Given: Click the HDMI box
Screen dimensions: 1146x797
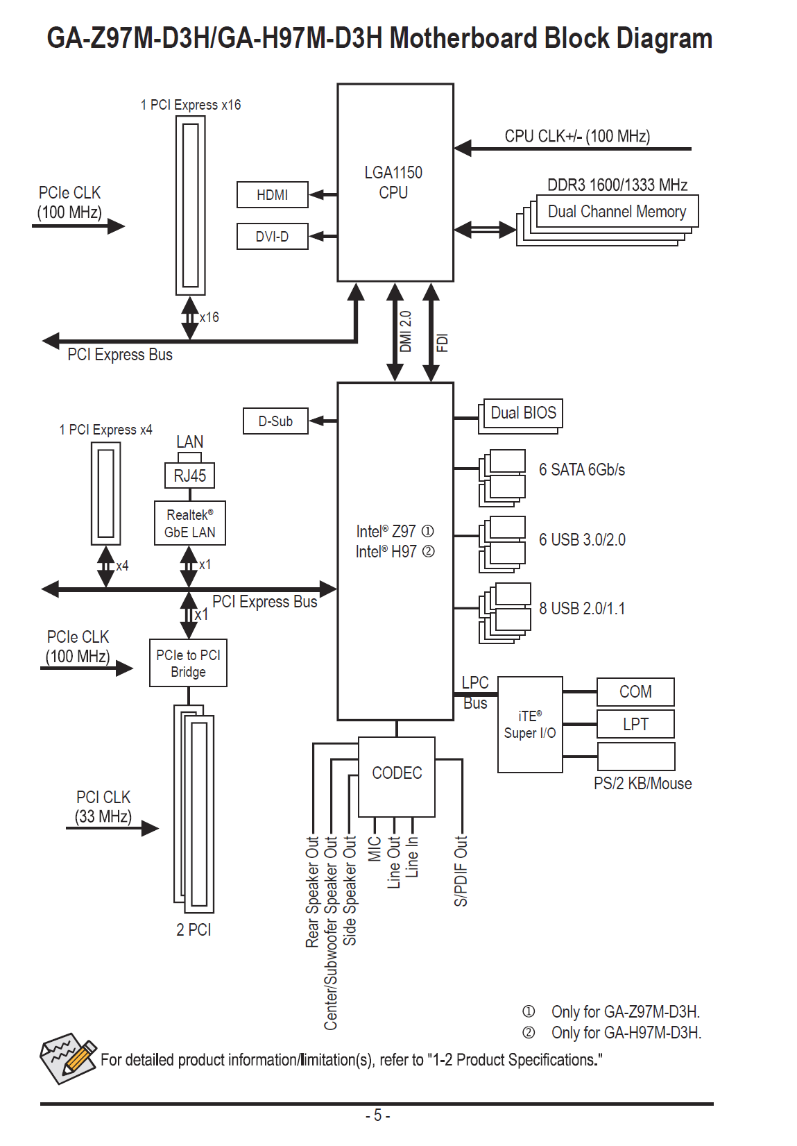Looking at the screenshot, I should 272,195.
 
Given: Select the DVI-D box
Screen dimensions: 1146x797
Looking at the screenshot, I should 272,237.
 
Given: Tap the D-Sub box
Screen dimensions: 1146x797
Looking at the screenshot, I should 275,421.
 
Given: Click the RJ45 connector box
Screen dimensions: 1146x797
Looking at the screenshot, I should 189,476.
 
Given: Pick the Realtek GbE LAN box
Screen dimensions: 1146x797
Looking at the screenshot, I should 189,523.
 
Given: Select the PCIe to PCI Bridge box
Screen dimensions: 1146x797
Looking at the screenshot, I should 188,664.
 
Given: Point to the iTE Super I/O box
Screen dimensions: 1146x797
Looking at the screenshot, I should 530,725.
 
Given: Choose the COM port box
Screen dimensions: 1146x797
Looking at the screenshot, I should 635,692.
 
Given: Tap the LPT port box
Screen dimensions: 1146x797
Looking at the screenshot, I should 635,725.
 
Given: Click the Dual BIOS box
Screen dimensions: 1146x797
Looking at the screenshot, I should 523,413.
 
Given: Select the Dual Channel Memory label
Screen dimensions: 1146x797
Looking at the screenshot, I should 617,212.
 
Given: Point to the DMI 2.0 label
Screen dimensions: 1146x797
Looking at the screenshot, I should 406,332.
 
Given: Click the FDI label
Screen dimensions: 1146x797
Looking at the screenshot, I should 442,342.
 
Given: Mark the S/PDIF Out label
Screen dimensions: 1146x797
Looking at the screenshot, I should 461,871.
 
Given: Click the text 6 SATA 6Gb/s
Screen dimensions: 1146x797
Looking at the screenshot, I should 582,470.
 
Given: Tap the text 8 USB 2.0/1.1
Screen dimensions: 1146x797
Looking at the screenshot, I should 582,609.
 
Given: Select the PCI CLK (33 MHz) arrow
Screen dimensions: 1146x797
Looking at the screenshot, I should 112,827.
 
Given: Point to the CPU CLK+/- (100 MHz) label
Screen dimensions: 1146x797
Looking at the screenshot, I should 577,136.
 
